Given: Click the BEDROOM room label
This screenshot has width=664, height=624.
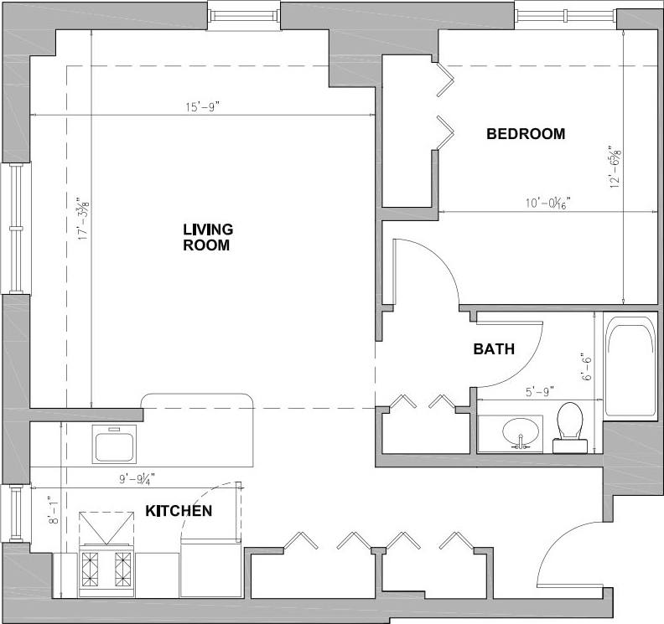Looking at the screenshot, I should pos(526,133).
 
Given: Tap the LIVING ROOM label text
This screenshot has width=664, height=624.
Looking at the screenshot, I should pos(207,237).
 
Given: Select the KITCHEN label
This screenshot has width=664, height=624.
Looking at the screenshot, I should pos(179,510).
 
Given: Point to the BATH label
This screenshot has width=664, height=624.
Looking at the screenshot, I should pos(493,349).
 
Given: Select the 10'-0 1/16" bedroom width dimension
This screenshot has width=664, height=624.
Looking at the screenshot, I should pos(543,204).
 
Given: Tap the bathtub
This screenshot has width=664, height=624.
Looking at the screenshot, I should pos(630,369).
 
